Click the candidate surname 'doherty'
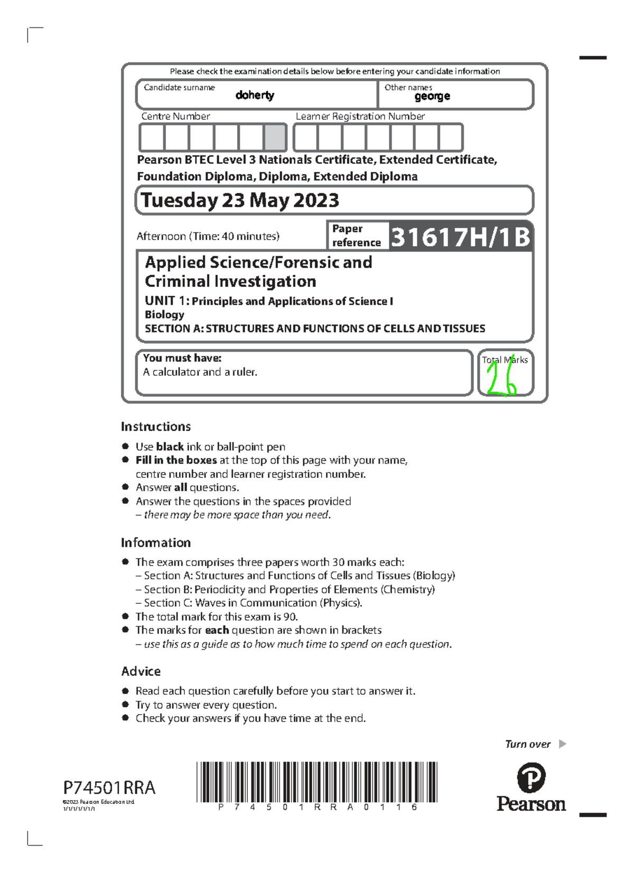[x=255, y=95]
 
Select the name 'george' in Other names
[x=432, y=96]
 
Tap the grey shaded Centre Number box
[x=275, y=138]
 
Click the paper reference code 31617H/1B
[x=460, y=237]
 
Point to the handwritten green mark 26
[x=501, y=381]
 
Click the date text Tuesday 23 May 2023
[x=240, y=200]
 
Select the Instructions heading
[x=156, y=427]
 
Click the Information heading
[x=156, y=543]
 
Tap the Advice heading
[x=141, y=671]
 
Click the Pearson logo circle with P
[x=531, y=778]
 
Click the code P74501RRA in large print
[x=109, y=788]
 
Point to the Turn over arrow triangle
[x=562, y=744]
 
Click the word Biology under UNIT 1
[x=164, y=315]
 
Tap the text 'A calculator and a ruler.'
[x=200, y=372]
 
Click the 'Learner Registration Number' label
[x=360, y=116]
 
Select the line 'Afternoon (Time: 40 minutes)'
[x=208, y=237]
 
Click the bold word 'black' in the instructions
[x=170, y=447]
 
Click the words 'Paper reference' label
[x=356, y=236]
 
